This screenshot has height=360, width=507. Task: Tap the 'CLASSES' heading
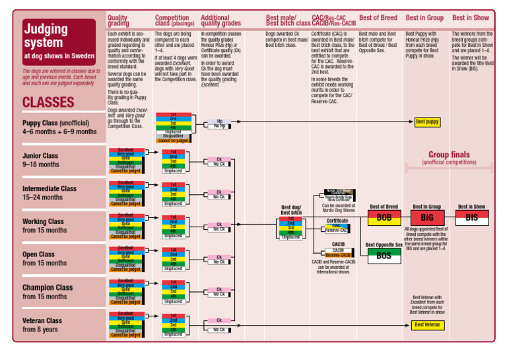click(48, 102)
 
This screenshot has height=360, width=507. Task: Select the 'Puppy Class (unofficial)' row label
click(59, 127)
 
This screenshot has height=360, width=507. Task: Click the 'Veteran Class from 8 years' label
click(42, 325)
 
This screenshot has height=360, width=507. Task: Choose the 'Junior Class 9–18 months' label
click(40, 161)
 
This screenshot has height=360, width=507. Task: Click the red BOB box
click(384, 217)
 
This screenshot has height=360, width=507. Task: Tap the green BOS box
click(384, 256)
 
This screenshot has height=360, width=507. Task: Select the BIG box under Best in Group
click(426, 217)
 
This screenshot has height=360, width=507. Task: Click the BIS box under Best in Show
click(471, 217)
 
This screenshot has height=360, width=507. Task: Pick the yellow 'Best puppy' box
click(427, 122)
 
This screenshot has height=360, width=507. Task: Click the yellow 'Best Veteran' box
click(427, 325)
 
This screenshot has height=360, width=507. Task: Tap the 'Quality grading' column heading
click(118, 20)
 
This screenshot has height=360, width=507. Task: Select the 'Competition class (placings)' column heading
click(175, 20)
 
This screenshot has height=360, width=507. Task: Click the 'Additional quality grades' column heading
click(220, 20)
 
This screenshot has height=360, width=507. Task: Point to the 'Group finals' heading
click(448, 155)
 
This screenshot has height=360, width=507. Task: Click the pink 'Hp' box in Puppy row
click(219, 121)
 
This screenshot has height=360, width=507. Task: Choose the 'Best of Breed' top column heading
click(378, 18)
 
